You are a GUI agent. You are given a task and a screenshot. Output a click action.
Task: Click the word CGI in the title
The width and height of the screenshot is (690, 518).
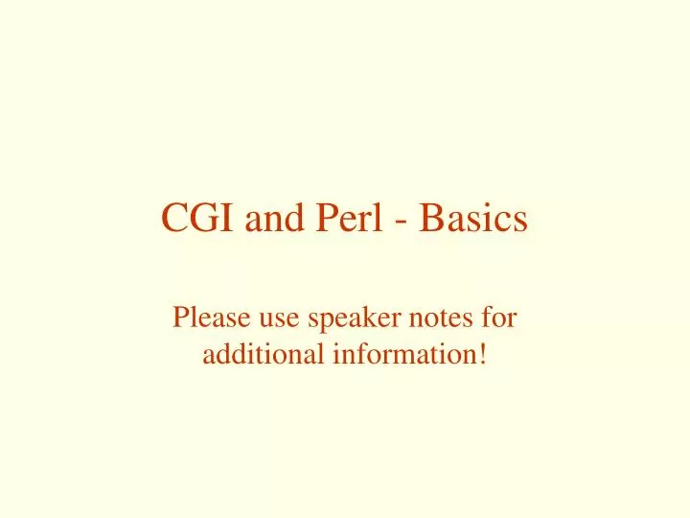coord(199,219)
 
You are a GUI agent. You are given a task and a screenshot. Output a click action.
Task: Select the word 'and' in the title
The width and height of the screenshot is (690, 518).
coord(276,219)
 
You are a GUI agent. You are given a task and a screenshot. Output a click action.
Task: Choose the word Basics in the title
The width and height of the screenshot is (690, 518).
coord(473,219)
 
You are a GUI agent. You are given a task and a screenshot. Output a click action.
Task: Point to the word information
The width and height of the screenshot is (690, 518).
coord(403,354)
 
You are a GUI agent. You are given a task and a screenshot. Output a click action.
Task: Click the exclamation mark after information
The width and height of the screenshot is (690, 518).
coord(481,354)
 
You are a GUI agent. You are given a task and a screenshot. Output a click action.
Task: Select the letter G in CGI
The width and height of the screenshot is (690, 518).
coord(203,219)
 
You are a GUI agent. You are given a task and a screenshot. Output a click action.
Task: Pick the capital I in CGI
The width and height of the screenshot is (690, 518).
coord(227,219)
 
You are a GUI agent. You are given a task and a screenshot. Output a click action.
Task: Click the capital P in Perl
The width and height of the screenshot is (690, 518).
coord(324,219)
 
